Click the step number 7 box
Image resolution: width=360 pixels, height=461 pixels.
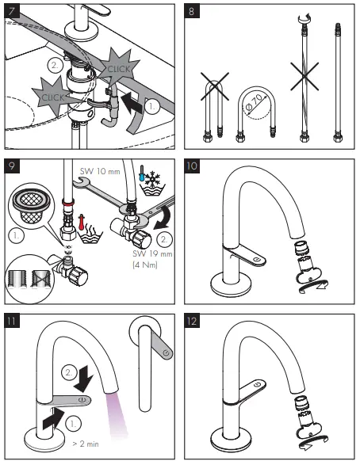click(12, 11)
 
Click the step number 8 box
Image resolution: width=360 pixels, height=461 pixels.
click(192, 11)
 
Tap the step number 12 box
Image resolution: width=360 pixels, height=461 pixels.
click(192, 321)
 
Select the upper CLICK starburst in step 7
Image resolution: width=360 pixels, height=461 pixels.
click(118, 68)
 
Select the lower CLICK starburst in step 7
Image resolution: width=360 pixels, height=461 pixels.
click(52, 97)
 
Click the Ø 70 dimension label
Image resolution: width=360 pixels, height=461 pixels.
click(254, 103)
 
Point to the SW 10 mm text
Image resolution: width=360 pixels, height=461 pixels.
click(100, 171)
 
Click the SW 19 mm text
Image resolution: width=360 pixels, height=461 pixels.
click(152, 253)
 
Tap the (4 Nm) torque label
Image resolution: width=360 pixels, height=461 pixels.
click(145, 265)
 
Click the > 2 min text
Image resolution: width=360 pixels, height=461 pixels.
click(86, 444)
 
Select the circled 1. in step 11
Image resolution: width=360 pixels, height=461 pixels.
click(73, 424)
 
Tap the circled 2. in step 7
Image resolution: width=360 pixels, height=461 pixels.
click(55, 66)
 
